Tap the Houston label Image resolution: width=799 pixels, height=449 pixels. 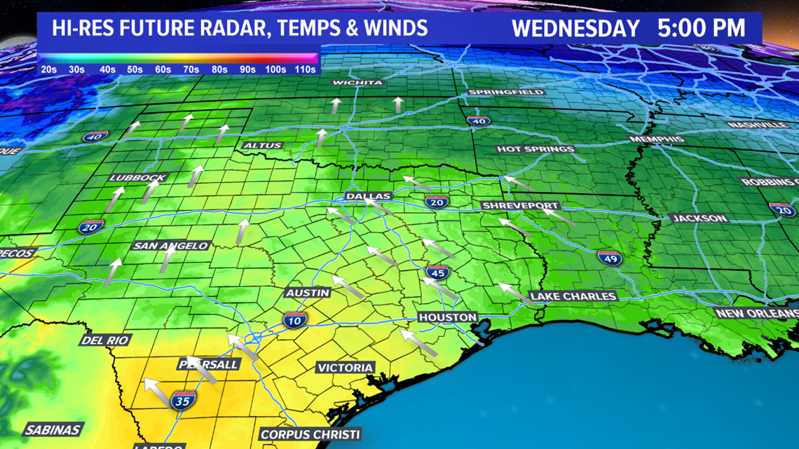447,317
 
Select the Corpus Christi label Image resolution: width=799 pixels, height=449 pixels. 310,434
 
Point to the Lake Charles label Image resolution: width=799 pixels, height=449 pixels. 573,296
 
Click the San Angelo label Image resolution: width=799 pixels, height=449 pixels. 171,246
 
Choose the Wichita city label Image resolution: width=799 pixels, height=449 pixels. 357,83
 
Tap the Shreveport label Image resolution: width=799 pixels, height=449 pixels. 520,206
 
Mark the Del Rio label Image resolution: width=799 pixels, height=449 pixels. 105,340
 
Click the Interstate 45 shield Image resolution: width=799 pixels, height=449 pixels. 437,272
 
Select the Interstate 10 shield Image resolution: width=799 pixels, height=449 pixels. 294,321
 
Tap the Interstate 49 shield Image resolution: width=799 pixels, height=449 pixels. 610,258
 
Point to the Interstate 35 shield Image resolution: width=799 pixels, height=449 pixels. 182,401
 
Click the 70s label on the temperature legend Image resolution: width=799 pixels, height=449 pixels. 191,69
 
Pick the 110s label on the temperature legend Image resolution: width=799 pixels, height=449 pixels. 305,69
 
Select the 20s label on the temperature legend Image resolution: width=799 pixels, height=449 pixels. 48,69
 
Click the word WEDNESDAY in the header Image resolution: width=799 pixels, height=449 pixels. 575,29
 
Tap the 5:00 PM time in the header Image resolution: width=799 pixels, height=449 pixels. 701,29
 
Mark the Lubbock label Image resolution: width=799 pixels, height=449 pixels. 137,178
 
